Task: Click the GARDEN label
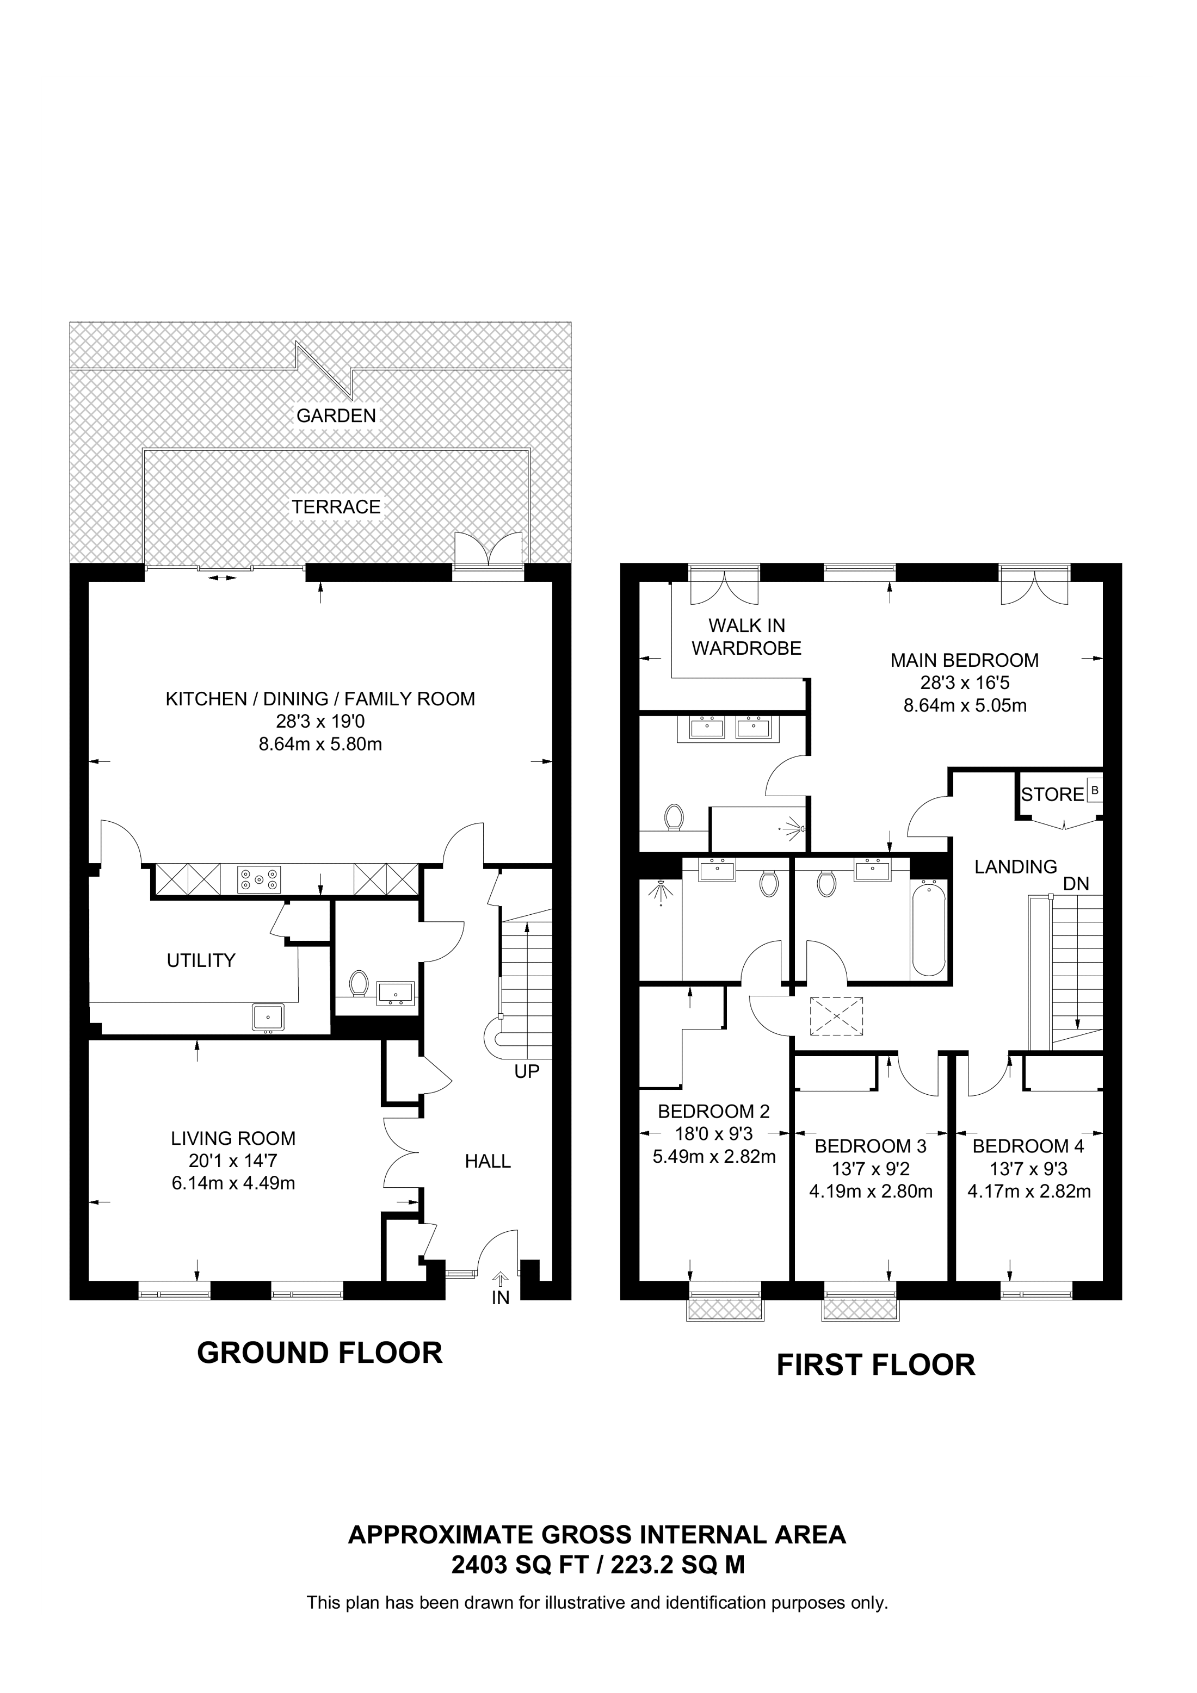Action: click(x=336, y=416)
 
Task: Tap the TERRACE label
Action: click(x=336, y=507)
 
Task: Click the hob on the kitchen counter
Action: click(x=259, y=879)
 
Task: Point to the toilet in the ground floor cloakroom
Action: click(x=359, y=983)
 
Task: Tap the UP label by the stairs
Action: click(x=527, y=1071)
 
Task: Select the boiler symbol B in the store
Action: click(x=1095, y=790)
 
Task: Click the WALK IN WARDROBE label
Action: click(x=746, y=637)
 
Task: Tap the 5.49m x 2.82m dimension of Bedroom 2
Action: click(x=714, y=1157)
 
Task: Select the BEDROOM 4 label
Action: click(x=1028, y=1146)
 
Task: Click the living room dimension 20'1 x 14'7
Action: click(x=233, y=1161)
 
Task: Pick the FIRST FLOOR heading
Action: click(x=875, y=1365)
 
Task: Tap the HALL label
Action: click(x=488, y=1162)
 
